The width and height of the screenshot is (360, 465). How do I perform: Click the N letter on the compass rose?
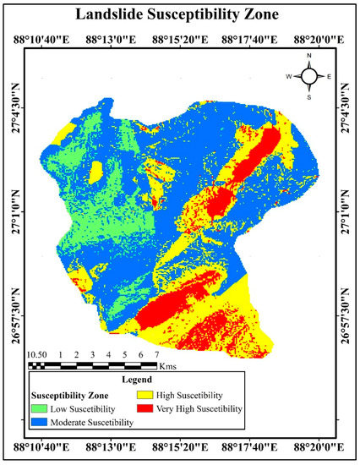[309, 56]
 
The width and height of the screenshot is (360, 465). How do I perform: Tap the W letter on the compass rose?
[289, 76]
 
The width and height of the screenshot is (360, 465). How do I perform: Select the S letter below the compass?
[309, 96]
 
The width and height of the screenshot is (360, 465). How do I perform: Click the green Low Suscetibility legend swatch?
[41, 408]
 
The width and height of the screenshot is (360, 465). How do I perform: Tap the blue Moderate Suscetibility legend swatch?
[41, 421]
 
